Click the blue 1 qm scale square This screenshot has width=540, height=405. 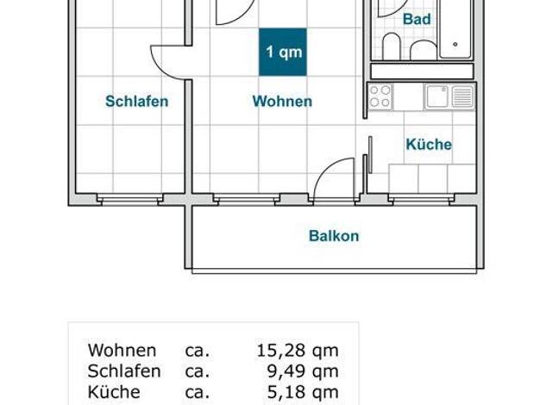[x=283, y=52]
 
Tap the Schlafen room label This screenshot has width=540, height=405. [x=136, y=101]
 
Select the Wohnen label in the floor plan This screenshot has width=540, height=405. [x=282, y=101]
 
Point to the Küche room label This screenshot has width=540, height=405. [x=429, y=144]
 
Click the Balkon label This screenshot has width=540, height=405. [x=334, y=236]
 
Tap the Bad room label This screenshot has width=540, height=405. [x=417, y=19]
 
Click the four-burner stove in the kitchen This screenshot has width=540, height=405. [x=380, y=97]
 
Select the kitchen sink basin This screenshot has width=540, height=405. [x=437, y=97]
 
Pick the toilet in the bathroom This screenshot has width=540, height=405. [x=392, y=47]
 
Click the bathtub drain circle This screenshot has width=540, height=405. [x=455, y=45]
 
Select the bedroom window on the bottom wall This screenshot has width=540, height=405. [x=130, y=199]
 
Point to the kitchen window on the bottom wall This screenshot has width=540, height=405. [x=421, y=199]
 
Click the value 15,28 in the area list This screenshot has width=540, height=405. [x=281, y=351]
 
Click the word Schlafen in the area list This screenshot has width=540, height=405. [x=124, y=371]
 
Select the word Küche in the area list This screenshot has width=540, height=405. [x=114, y=392]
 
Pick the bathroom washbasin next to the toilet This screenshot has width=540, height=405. [x=424, y=51]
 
